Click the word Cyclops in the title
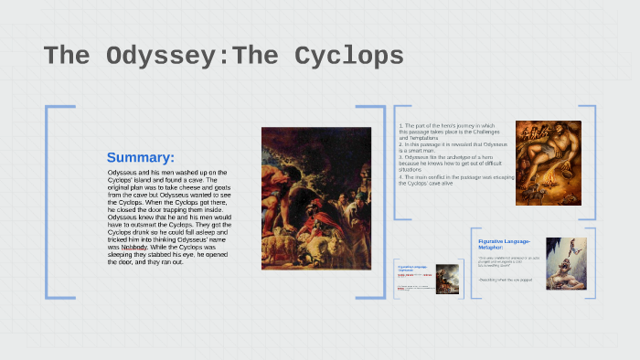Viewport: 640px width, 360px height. [348, 56]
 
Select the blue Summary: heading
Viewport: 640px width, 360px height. [140, 157]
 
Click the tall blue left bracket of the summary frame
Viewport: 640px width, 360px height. [48, 201]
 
